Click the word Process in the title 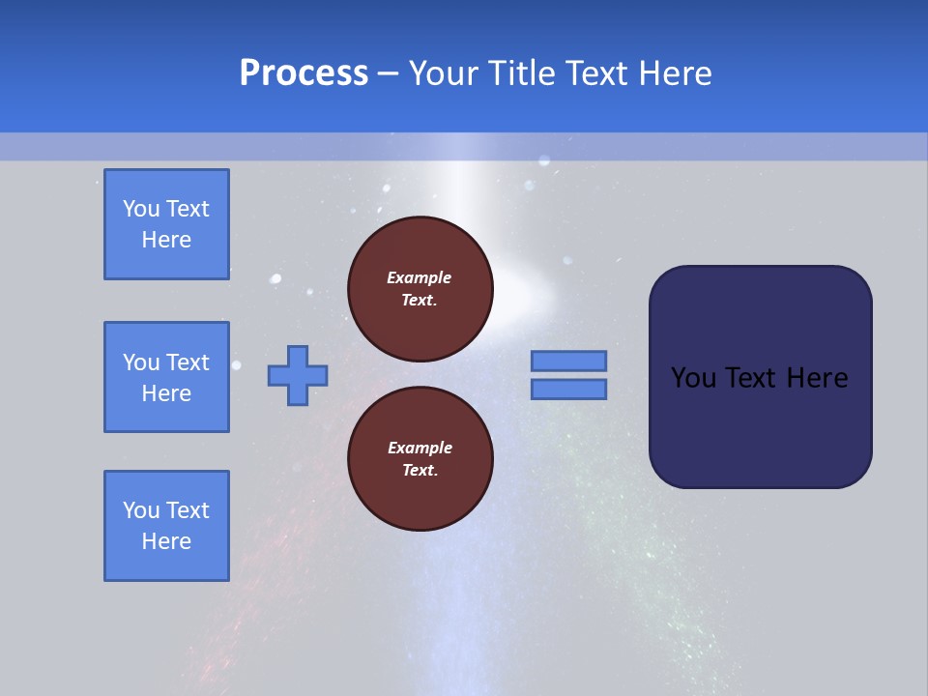(304, 73)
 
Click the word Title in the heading (520, 73)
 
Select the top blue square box (166, 224)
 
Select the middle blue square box (166, 377)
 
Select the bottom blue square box (166, 526)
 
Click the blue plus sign (298, 375)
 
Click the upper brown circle (420, 289)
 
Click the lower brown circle (420, 459)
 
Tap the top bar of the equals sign (569, 361)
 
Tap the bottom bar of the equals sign (569, 389)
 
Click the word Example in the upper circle (420, 277)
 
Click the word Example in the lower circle (420, 448)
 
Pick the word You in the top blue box (141, 209)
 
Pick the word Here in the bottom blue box (166, 541)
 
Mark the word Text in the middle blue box (188, 362)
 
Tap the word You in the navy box (693, 378)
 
